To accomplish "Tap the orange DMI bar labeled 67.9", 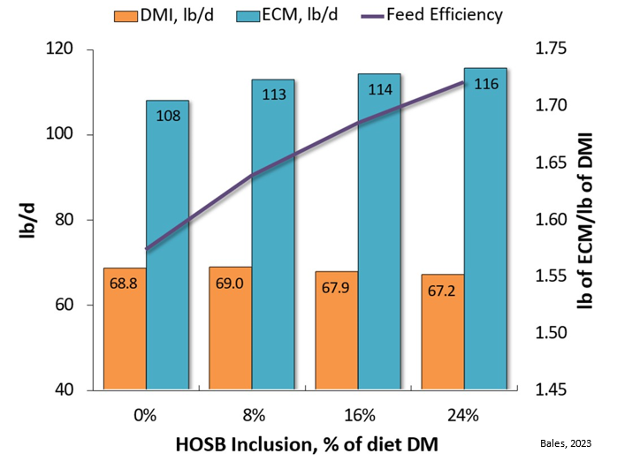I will coord(336,330).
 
